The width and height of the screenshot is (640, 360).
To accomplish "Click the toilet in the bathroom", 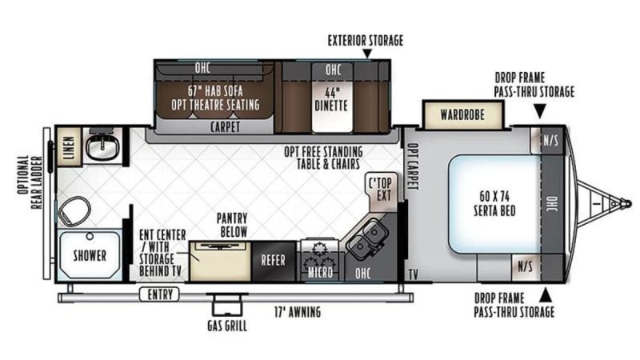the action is point(74,211).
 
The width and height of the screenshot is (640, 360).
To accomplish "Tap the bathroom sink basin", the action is point(102,146).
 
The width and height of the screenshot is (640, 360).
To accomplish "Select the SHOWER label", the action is point(90,256).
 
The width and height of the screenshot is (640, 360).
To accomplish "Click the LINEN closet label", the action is point(70,147).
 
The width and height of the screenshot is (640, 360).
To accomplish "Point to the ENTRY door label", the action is point(159,294).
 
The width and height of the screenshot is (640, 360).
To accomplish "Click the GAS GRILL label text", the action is point(227,326).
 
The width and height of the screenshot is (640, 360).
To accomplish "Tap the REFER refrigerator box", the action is point(274,262).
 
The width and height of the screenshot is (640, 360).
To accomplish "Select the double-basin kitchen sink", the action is point(367,238).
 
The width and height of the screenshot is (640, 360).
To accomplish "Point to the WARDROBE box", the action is point(462,114).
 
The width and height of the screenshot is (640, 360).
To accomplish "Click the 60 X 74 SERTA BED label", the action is point(494,203).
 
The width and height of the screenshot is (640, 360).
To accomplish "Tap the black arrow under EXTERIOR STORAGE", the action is point(367,54).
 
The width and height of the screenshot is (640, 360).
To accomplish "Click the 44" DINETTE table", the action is point(331,98).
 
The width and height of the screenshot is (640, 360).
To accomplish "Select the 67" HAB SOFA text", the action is point(215,90).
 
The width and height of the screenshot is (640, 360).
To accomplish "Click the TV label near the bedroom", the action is point(413,274).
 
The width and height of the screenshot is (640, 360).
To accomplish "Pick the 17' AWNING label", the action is point(297,312).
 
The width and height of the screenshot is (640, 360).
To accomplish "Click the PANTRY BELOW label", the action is point(232,225).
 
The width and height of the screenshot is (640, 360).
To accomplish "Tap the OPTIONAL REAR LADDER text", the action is point(30,182).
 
